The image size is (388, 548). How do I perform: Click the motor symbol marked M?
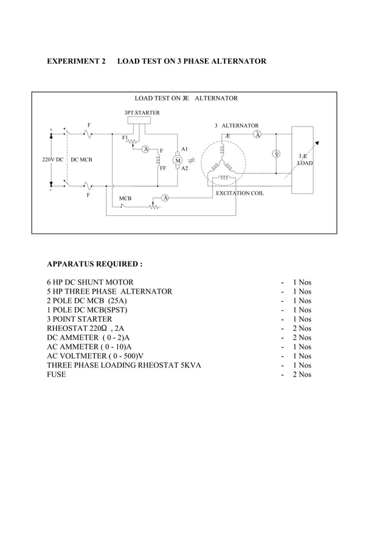point(178,160)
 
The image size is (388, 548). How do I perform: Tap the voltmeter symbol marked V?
point(277,154)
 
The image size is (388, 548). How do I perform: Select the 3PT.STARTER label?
point(142,113)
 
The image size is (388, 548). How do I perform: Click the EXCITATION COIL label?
point(240,193)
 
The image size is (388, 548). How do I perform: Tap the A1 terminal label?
point(184,149)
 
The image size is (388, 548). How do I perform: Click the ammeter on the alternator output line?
point(257,134)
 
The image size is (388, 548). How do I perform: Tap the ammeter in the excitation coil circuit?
point(165,198)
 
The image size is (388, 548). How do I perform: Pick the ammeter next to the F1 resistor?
point(145,149)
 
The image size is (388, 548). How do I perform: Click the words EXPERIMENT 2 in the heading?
point(76,61)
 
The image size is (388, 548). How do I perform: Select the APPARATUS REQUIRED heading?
point(95,265)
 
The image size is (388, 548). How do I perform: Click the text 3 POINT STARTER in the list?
point(80,319)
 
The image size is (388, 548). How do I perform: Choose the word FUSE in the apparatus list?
point(57,374)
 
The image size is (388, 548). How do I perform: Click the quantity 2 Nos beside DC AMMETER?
point(302,338)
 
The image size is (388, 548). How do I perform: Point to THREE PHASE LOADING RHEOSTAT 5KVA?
point(124,365)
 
